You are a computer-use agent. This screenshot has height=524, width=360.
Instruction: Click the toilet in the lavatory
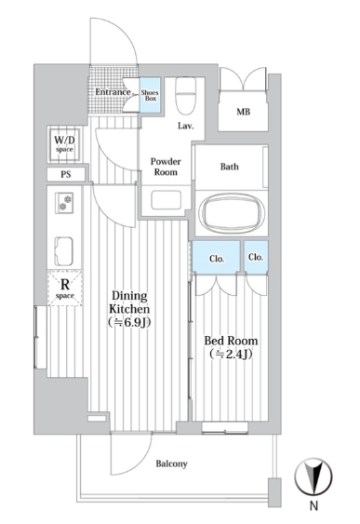pos(185,96)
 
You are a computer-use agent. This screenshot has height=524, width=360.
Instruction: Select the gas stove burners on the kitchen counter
pos(64,203)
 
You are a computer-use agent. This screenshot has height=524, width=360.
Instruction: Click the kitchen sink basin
pos(64,251)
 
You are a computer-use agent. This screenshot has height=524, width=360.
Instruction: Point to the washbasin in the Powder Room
pos(166,200)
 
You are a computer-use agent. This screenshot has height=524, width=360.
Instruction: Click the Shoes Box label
pos(150,95)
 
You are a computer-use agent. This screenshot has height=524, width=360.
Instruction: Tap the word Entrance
pos(113,91)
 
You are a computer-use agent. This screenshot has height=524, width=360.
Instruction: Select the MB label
pos(243,112)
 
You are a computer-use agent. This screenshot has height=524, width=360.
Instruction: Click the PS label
pos(66,174)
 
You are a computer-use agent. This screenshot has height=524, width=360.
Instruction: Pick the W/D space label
pos(64,144)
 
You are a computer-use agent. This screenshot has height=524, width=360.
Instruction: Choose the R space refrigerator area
pos(65,289)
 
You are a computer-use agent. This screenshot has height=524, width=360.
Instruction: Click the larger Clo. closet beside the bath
pos(217,257)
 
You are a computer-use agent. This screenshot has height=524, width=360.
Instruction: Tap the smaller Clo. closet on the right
pos(256,257)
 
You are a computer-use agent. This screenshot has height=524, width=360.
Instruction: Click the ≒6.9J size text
pos(129,322)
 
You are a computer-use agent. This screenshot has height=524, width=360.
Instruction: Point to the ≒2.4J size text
pos(231,354)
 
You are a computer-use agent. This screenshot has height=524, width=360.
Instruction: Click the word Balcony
pos(172,464)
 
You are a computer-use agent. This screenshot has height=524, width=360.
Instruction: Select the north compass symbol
pos(313,477)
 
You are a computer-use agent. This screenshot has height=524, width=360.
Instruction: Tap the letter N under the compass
pos(313,506)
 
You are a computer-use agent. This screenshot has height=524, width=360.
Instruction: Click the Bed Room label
pos(231,341)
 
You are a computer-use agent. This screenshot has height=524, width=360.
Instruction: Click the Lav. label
pos(186,126)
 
